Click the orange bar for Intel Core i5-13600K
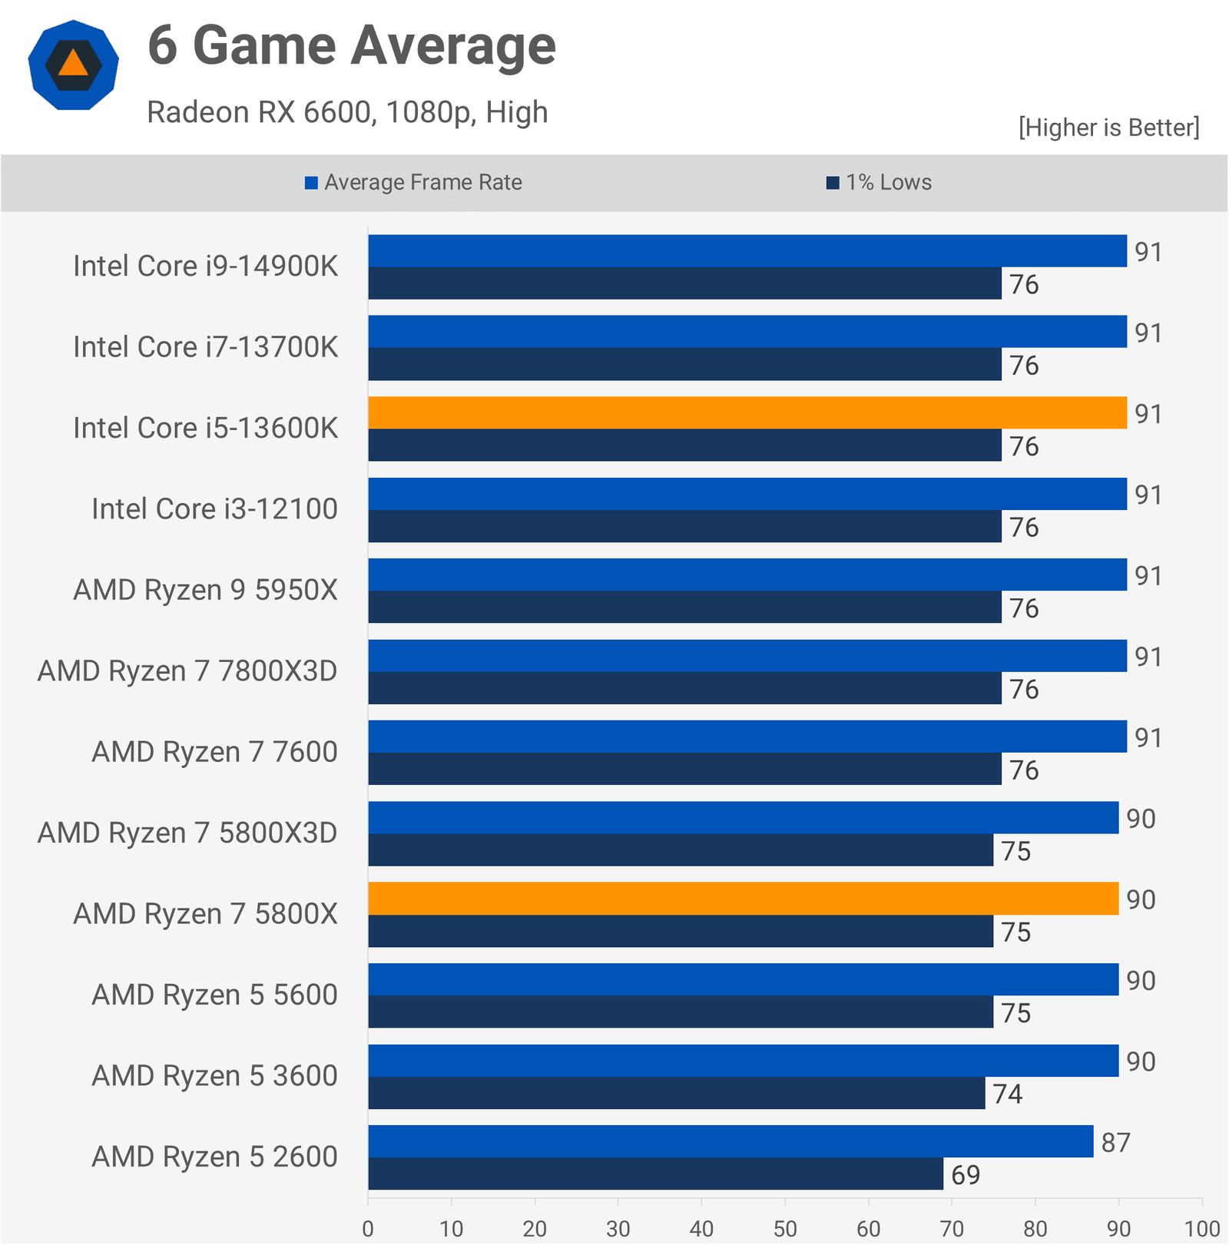[747, 413]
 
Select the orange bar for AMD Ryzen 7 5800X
[743, 899]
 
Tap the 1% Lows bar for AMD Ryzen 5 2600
[655, 1174]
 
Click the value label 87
[1115, 1143]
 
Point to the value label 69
[966, 1175]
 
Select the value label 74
[1007, 1094]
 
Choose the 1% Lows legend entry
[879, 183]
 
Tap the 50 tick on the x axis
[785, 1229]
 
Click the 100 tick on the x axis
[1202, 1229]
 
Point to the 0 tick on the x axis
[368, 1229]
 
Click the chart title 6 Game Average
[352, 46]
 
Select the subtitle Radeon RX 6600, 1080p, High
[347, 112]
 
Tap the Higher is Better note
[1108, 127]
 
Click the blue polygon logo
[73, 65]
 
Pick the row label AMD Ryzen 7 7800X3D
[187, 671]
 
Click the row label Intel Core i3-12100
[214, 509]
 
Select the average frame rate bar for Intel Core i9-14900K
[747, 251]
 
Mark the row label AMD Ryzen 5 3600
[214, 1076]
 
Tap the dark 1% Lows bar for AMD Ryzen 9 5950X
[684, 608]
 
